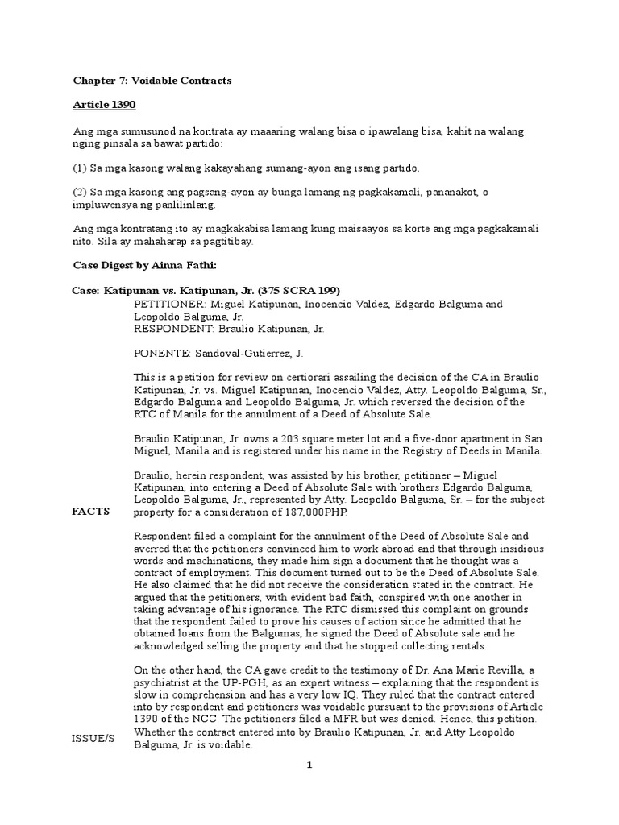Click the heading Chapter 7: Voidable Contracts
tap(152, 81)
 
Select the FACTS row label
tap(90, 512)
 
